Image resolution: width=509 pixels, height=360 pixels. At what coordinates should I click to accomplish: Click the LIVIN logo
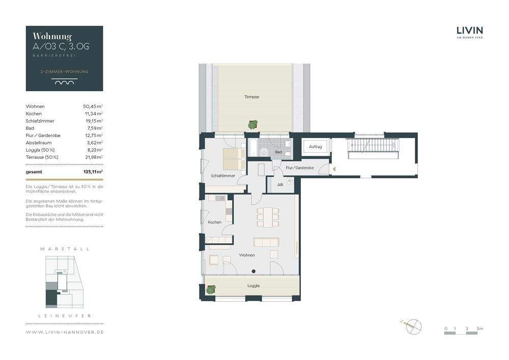coord(470,32)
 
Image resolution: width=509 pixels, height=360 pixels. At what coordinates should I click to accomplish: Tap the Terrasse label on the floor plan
coord(251,97)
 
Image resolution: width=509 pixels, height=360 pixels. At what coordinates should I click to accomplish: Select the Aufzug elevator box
coord(315,147)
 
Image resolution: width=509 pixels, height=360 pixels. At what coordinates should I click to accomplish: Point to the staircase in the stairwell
coord(373,148)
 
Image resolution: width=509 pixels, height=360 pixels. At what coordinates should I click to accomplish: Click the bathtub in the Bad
coord(253,147)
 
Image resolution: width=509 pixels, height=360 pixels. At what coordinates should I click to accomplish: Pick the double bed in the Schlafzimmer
coord(234,158)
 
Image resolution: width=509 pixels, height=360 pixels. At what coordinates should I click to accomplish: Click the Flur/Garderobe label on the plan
coord(300,168)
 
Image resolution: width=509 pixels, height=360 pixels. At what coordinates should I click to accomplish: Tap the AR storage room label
coord(280,185)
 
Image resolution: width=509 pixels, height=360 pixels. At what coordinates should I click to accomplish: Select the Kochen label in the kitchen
coord(215,222)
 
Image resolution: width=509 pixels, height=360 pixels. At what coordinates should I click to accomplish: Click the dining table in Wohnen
coord(268,217)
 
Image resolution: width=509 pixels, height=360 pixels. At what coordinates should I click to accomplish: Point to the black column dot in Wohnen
coord(253,271)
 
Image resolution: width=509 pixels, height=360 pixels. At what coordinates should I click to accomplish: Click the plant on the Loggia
coord(211,289)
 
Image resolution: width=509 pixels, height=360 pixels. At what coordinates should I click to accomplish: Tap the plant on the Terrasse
coord(253,124)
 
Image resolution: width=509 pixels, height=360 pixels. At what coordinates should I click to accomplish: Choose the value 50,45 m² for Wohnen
coord(93,106)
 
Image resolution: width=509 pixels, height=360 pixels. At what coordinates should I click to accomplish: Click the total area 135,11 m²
coord(93,172)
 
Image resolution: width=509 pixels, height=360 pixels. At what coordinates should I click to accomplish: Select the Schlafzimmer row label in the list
coord(40,121)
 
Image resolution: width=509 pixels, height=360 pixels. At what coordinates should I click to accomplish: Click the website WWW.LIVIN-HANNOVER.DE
coord(65,332)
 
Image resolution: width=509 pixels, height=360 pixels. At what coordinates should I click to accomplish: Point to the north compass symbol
coord(413,326)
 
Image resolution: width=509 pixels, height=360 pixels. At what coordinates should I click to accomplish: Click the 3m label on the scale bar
coord(480,328)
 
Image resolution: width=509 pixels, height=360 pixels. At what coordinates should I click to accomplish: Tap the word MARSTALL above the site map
coord(65,249)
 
